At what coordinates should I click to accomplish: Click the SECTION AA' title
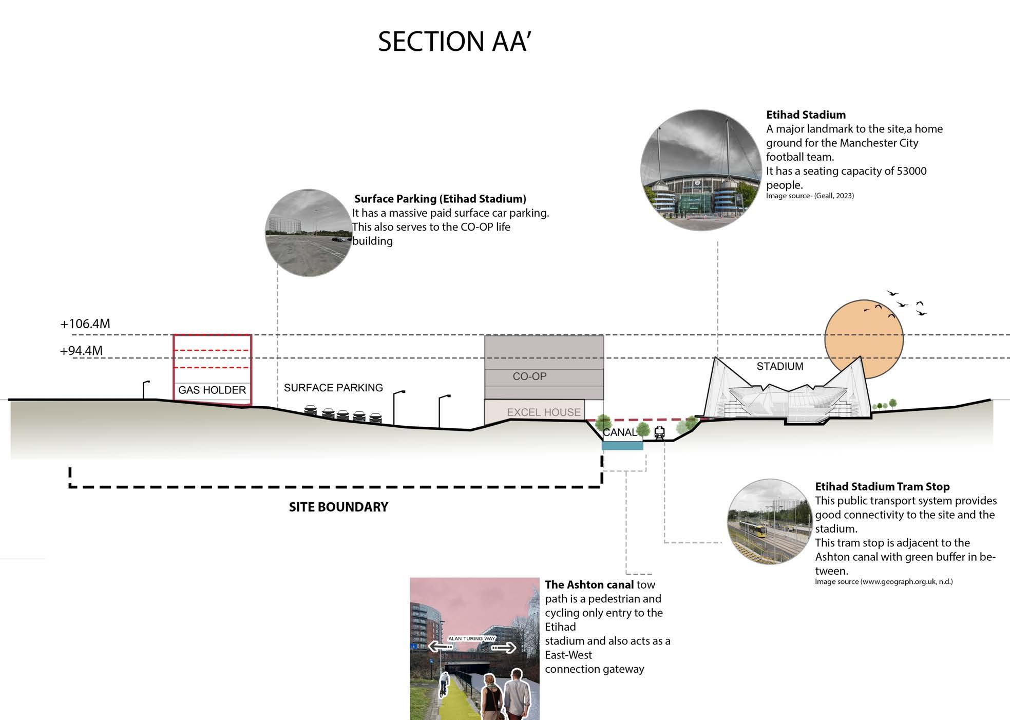click(x=454, y=42)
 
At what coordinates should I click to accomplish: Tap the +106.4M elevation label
click(x=85, y=324)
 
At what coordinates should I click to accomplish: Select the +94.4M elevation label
click(x=82, y=351)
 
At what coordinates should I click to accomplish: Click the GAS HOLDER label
click(x=212, y=390)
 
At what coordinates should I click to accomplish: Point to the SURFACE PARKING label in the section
click(x=333, y=388)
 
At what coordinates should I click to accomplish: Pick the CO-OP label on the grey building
click(x=529, y=376)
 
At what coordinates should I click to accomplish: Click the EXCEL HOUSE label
click(x=543, y=412)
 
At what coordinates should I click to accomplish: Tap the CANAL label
click(x=619, y=432)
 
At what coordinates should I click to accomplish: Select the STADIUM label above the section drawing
click(x=779, y=366)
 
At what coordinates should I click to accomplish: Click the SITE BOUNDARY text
click(x=338, y=507)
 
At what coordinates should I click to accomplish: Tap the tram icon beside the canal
click(x=659, y=433)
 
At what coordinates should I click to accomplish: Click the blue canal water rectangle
click(x=622, y=446)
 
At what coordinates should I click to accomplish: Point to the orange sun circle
click(x=864, y=339)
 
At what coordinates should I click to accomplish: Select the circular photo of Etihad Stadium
click(x=701, y=170)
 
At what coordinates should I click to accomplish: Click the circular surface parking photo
click(x=309, y=233)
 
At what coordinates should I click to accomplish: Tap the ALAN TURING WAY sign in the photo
click(x=472, y=639)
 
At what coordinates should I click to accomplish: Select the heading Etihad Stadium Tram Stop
click(x=882, y=486)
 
